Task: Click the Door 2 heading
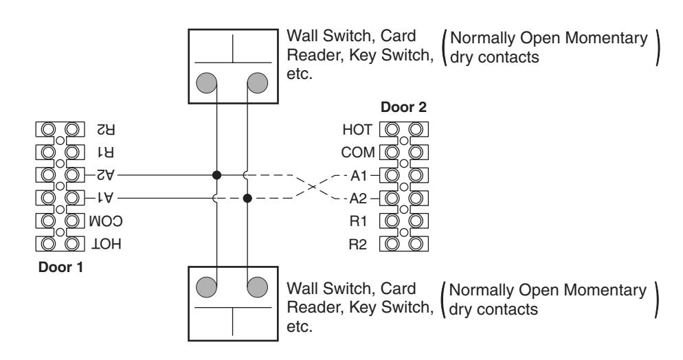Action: point(403,107)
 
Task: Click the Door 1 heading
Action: point(60,267)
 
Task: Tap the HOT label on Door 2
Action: point(357,130)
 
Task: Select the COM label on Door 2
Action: point(357,153)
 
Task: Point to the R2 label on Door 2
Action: point(357,244)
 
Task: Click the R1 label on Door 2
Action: point(358,221)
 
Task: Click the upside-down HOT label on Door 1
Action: point(106,244)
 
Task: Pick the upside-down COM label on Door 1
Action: point(105,221)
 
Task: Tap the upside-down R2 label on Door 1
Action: point(106,129)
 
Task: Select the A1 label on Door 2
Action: point(359,175)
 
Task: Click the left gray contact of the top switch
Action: point(206,82)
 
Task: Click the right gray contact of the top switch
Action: point(258,82)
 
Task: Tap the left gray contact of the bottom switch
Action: point(206,287)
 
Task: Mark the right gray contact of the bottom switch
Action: point(258,287)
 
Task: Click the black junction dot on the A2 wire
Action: point(216,175)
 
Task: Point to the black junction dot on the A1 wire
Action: point(247,199)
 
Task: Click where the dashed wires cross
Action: point(313,187)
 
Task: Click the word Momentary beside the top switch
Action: point(606,38)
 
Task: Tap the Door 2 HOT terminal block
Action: point(404,129)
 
